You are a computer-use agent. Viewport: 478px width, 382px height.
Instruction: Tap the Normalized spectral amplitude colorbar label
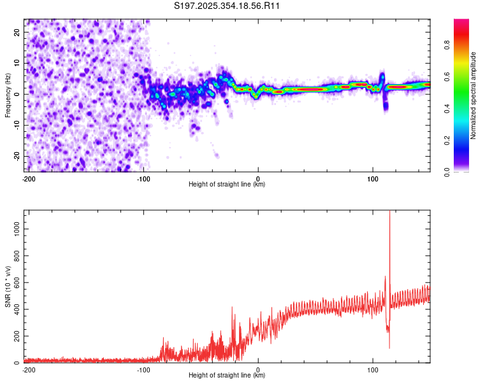click(x=474, y=95)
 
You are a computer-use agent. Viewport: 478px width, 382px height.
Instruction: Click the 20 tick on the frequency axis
click(x=17, y=32)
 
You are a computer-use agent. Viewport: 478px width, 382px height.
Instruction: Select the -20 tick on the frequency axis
click(x=15, y=156)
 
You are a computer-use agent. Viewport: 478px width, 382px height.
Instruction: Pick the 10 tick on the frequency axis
click(x=17, y=63)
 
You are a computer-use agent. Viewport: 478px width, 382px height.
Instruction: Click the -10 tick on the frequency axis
click(x=15, y=125)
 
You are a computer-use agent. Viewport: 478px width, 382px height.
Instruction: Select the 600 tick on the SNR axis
click(x=15, y=282)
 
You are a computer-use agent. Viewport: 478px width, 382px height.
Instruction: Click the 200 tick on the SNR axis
click(x=15, y=336)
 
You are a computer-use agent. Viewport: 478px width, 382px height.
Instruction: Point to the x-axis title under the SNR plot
click(x=227, y=376)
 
